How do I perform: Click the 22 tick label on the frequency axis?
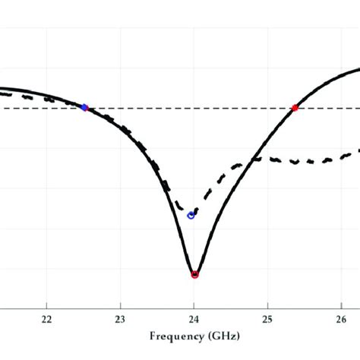(x=46, y=319)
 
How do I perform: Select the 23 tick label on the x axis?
(x=120, y=319)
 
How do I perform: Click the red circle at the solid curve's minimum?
(x=194, y=274)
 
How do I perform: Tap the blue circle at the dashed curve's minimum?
(x=191, y=216)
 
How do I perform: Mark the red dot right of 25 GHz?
(x=295, y=108)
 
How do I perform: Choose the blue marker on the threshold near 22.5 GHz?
(x=84, y=108)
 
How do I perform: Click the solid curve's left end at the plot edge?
(x=2, y=89)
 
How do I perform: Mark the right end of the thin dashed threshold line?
(x=358, y=108)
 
